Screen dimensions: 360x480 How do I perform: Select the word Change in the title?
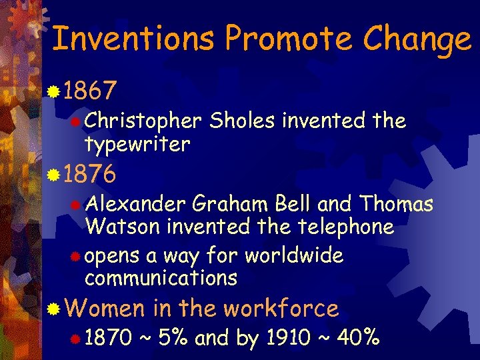click(x=417, y=40)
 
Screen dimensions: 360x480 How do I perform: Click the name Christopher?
click(x=143, y=121)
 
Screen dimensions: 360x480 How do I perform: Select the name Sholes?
click(x=243, y=121)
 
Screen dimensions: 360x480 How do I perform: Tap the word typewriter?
click(x=137, y=143)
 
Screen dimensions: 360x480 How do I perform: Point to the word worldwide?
click(x=294, y=255)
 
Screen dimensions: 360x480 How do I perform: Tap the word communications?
click(x=161, y=277)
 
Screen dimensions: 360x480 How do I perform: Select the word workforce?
click(x=281, y=309)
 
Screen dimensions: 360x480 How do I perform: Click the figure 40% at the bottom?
click(x=358, y=338)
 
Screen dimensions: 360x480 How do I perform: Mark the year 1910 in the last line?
click(x=287, y=338)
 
